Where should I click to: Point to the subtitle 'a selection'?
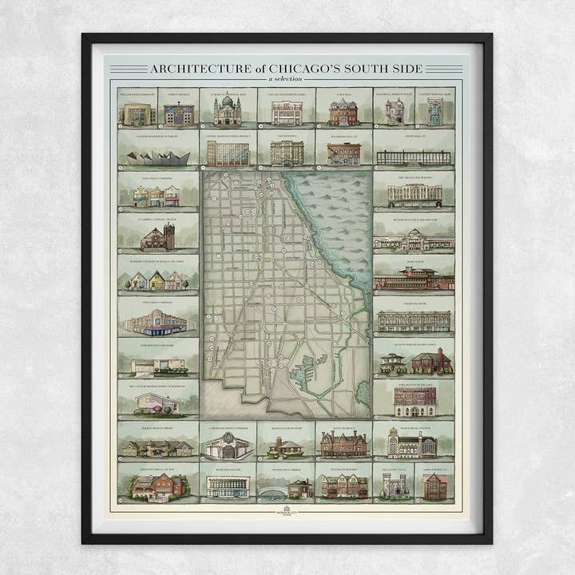tap(286, 79)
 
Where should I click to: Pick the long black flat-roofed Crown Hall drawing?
tap(413, 157)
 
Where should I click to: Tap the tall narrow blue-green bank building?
tap(434, 113)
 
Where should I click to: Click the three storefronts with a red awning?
tap(156, 196)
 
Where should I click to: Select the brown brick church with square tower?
tap(157, 237)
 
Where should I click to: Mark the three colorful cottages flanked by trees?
tap(157, 280)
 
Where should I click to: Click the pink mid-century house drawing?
tap(157, 402)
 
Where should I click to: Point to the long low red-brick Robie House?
tap(413, 280)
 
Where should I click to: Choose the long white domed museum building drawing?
tap(413, 239)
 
